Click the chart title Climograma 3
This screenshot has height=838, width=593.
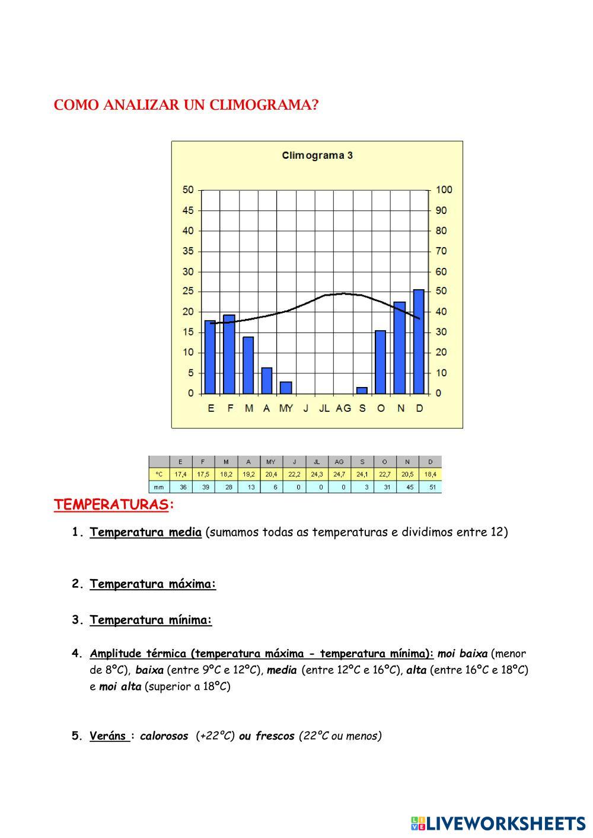pos(317,156)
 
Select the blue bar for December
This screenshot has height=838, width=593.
pos(419,342)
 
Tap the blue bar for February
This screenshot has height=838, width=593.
pos(229,354)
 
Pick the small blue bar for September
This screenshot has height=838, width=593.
pos(362,391)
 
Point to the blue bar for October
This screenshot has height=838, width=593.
pos(381,362)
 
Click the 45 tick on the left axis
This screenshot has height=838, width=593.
pos(188,210)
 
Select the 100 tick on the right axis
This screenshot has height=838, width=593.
pos(444,190)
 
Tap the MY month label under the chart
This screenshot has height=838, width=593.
pos(286,408)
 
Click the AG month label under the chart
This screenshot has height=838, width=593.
pos(343,408)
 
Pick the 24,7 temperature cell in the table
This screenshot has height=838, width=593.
pos(339,475)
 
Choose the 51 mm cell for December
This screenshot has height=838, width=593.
pos(431,487)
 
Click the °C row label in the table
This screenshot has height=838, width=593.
pos(159,475)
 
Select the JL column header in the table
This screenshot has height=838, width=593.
pos(317,462)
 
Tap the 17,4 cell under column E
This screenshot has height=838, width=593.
pos(180,475)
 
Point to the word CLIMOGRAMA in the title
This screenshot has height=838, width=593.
pos(260,105)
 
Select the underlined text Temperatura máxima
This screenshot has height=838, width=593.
pos(153,584)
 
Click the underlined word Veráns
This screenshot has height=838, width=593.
pos(109,736)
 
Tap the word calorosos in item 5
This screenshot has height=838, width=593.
pos(164,736)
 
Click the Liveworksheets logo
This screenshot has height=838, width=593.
pos(498,823)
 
